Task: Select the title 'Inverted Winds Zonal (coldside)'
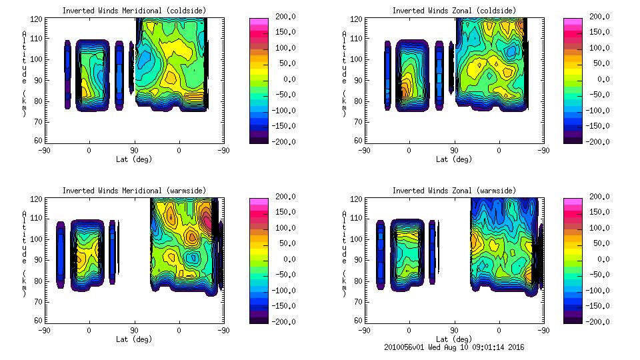(x=454, y=11)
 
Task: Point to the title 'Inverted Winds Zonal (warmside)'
(x=454, y=191)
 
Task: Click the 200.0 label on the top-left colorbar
(x=281, y=17)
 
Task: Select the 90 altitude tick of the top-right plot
(x=359, y=80)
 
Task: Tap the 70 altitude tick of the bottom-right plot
(x=359, y=301)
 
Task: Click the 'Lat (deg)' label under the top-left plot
(x=134, y=159)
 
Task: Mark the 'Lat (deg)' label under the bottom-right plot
(x=455, y=339)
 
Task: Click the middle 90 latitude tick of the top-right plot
(x=454, y=151)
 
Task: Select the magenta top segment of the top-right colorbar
(x=572, y=22)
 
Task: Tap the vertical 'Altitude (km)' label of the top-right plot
(x=345, y=73)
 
